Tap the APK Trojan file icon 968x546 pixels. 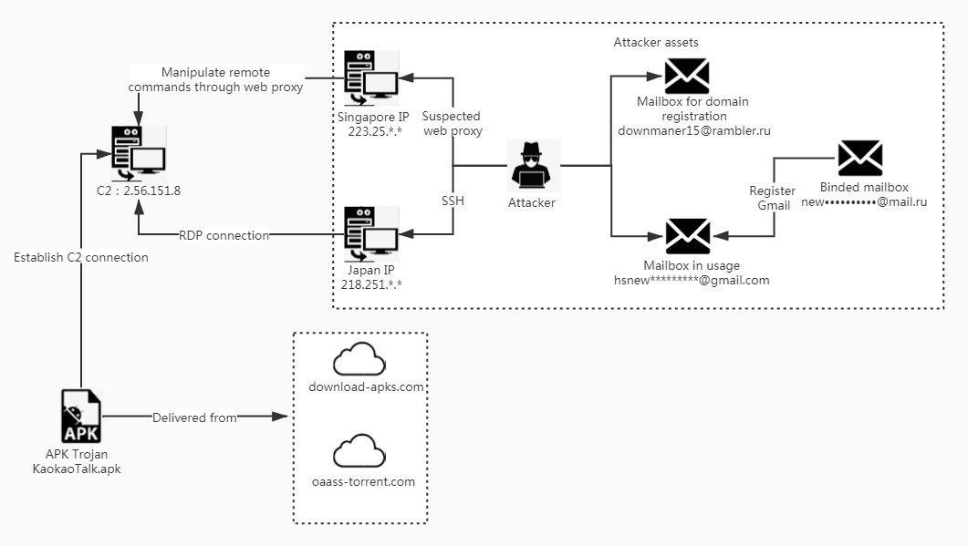coord(81,417)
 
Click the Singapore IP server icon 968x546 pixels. coord(370,78)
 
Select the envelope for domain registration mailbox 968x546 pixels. coord(688,77)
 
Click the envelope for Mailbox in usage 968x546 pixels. coord(688,236)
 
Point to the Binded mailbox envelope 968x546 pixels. coord(859,158)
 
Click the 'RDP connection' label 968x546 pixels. coord(224,235)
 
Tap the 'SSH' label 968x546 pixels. coord(453,200)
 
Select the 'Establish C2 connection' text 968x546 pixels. coord(81,257)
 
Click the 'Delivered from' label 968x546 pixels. coord(194,417)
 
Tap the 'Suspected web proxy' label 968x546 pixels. coord(453,124)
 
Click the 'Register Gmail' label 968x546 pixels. coord(772,199)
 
